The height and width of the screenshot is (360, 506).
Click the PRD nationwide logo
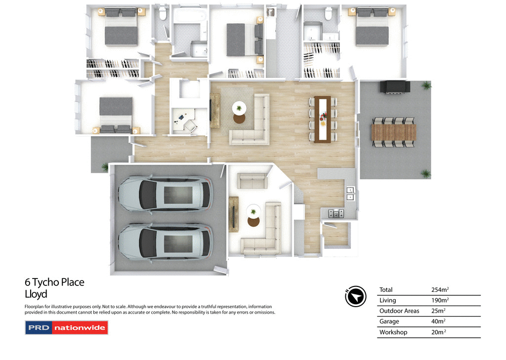coord(66,327)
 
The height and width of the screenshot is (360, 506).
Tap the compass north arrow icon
coord(355,296)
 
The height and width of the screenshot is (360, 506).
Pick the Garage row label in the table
coord(389,321)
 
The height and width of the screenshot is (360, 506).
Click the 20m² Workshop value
coord(439,332)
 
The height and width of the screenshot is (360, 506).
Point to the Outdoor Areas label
coord(399,311)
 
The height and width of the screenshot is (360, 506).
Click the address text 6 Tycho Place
coord(54,282)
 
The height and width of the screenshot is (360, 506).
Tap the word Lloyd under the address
coord(36,294)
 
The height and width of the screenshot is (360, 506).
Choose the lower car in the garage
coord(165,241)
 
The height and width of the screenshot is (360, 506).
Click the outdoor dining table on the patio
coord(393,132)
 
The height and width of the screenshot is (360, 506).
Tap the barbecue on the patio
coord(394,86)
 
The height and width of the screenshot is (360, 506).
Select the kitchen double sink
coord(350,193)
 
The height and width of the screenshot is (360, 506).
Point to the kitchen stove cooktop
coord(336,213)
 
